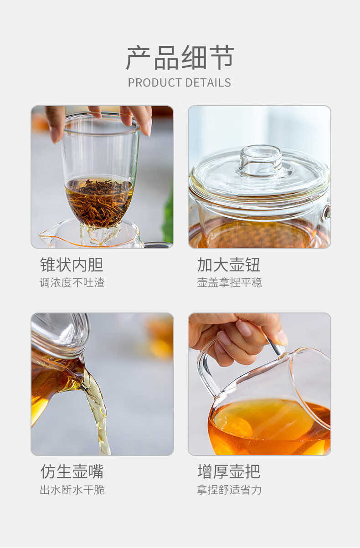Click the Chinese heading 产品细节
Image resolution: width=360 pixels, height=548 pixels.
click(180, 58)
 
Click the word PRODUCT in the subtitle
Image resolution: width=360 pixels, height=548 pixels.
click(155, 83)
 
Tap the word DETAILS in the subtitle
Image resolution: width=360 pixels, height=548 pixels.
click(208, 83)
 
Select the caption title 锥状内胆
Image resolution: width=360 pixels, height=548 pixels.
click(72, 265)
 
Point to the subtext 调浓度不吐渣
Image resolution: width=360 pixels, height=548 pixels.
click(72, 282)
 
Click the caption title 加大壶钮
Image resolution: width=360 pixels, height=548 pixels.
click(229, 265)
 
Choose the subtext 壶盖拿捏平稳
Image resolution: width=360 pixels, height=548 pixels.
click(230, 282)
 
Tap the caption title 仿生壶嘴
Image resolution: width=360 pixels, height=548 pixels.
click(72, 471)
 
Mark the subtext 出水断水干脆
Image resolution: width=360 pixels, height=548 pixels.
click(72, 490)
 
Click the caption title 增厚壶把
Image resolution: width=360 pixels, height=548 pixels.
click(229, 471)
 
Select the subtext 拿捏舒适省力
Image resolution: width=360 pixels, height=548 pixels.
click(229, 490)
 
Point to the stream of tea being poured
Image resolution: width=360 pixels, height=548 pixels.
click(98, 411)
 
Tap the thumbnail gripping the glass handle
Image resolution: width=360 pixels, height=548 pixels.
click(282, 338)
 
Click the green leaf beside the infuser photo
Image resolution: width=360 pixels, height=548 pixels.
click(169, 215)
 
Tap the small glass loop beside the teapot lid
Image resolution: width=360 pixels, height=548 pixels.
click(327, 212)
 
